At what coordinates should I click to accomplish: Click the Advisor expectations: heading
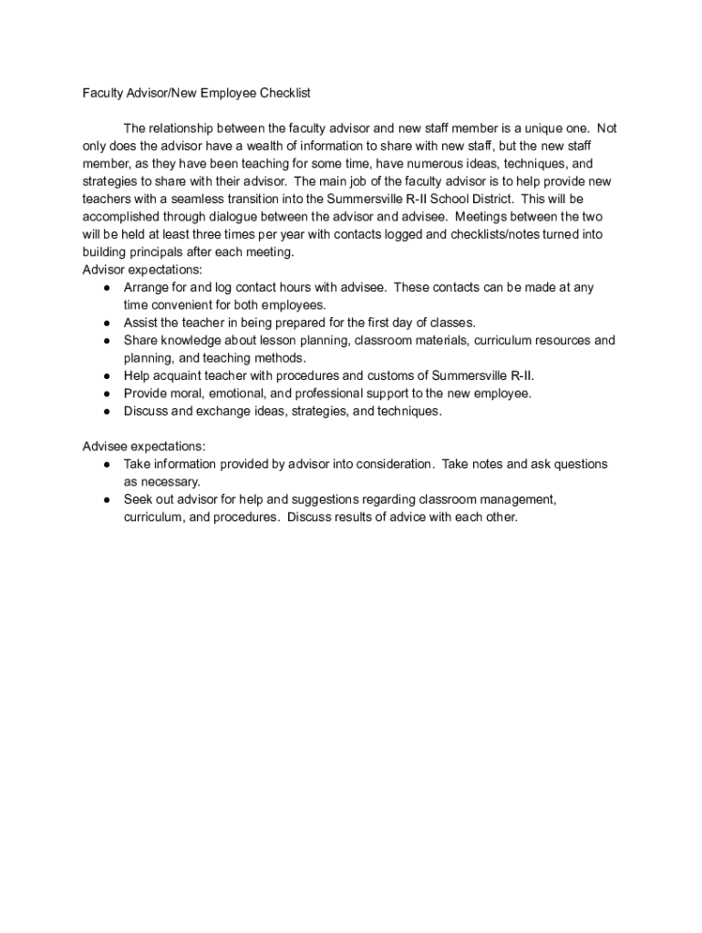click(x=143, y=270)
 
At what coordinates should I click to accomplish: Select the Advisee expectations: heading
click(x=144, y=446)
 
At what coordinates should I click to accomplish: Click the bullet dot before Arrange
click(x=107, y=288)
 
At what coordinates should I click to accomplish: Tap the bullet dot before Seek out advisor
click(x=107, y=500)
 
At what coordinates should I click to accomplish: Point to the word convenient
click(x=187, y=305)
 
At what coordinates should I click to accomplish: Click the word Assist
click(x=140, y=323)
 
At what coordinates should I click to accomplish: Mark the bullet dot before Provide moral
click(x=107, y=394)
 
